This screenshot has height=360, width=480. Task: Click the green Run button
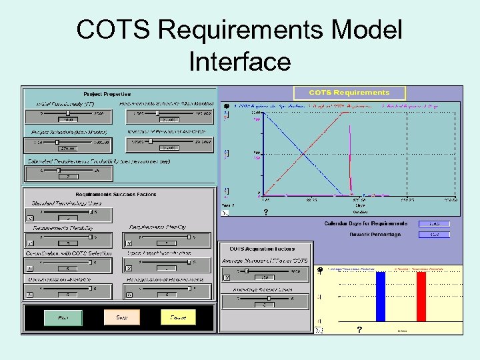pos(63,317)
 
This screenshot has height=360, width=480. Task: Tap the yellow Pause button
pos(178,317)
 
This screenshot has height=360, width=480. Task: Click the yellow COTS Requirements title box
pos(349,93)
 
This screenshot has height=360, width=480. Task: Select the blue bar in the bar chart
pos(381,297)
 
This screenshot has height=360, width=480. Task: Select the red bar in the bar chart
pos(421,297)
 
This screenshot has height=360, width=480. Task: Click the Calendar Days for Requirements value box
pos(433,224)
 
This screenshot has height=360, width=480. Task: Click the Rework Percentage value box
pos(433,235)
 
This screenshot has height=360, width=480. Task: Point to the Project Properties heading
pos(107,94)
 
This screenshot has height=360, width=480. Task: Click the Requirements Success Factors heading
pos(116,194)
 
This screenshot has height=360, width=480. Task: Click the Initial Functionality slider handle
pos(68,113)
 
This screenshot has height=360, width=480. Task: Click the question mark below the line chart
pos(265,213)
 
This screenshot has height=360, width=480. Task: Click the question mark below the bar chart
pos(359,330)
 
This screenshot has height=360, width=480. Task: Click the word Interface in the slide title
pos(240,62)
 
